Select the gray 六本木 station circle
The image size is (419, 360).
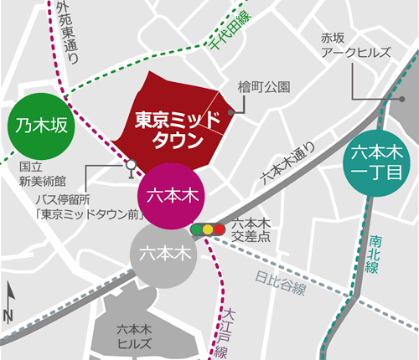point(163,252)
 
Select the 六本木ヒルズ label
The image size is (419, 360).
point(135,336)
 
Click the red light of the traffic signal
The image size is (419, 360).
point(220,229)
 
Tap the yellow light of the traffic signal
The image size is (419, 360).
point(208,229)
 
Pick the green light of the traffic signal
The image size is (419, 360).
point(196,229)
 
